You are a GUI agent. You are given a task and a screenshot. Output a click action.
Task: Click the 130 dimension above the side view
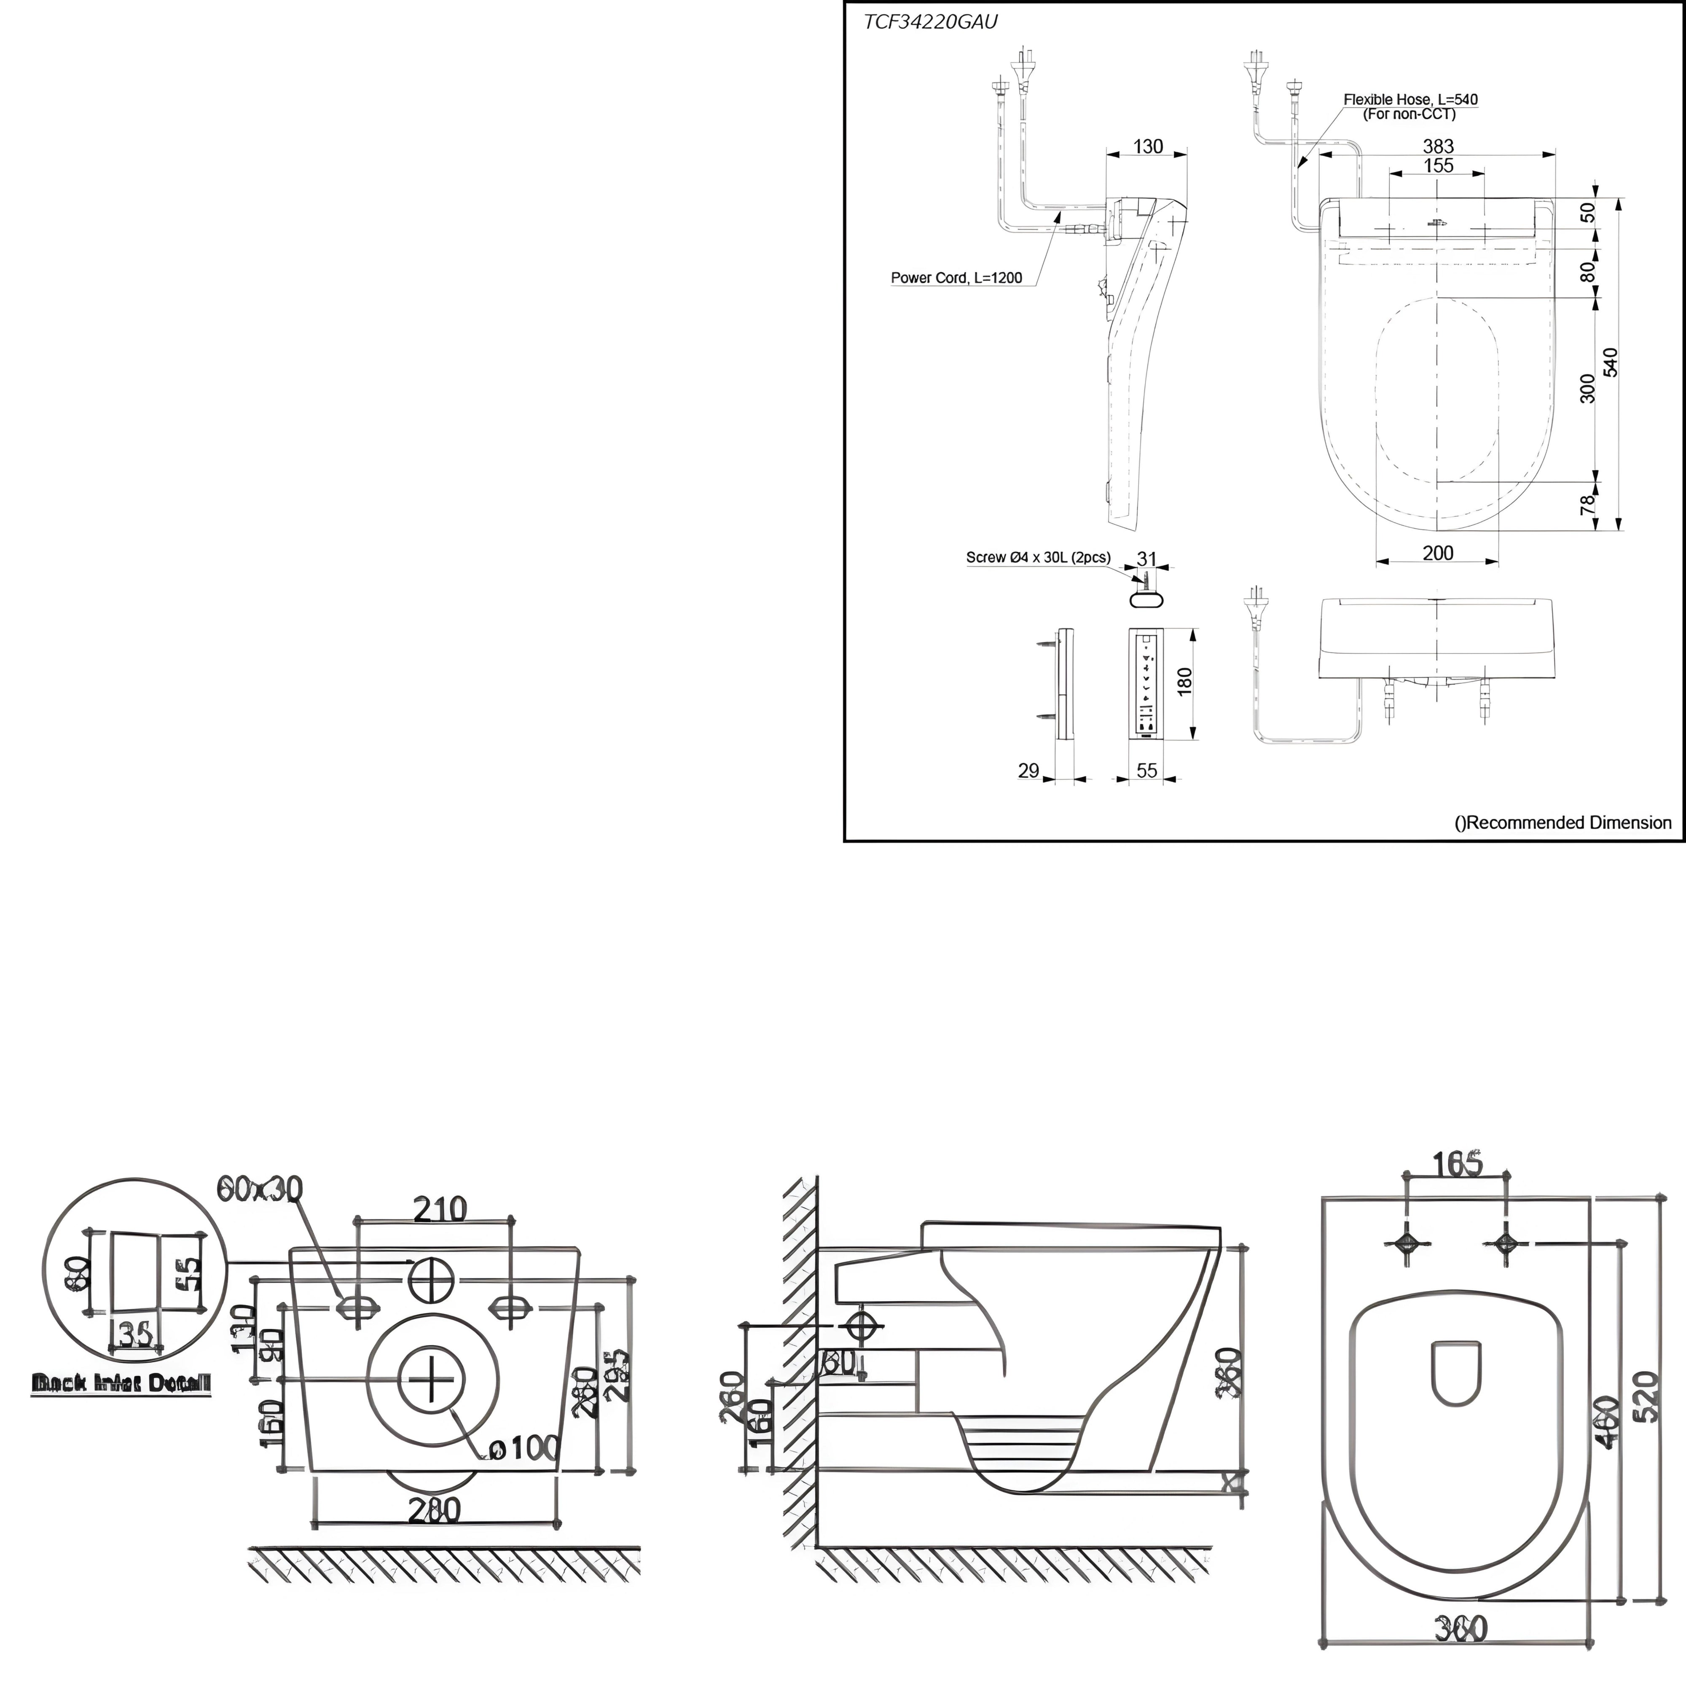point(1148,147)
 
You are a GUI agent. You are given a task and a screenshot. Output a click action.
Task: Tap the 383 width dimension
point(1438,147)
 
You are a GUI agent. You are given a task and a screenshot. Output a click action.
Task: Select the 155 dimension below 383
point(1438,166)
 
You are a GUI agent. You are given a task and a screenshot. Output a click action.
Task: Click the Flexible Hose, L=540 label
point(1410,99)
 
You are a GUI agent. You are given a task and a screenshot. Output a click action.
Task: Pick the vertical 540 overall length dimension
point(1611,362)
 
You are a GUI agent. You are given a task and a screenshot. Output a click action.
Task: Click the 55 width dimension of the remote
point(1146,770)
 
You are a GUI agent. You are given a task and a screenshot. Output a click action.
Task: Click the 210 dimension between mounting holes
point(440,1208)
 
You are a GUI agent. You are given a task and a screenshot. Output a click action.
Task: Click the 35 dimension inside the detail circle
point(136,1334)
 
